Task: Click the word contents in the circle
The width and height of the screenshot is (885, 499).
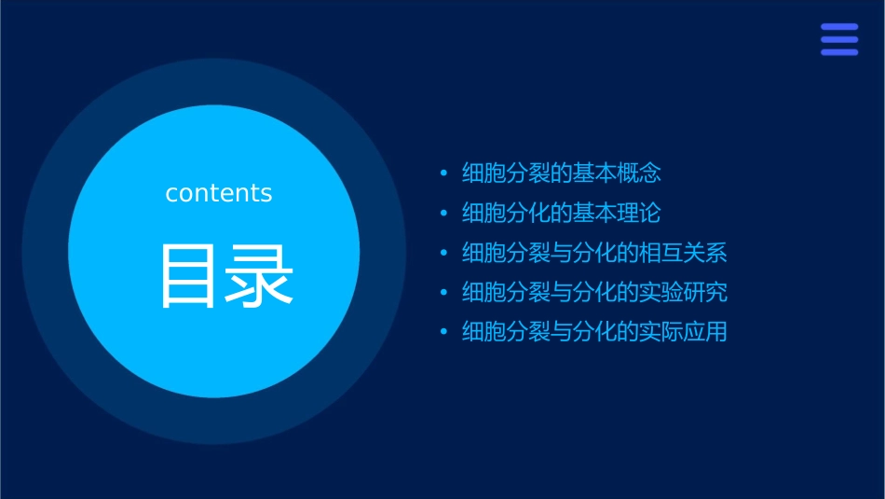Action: tap(219, 193)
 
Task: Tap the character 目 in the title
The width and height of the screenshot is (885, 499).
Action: tap(191, 276)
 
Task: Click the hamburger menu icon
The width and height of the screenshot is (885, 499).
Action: tap(838, 40)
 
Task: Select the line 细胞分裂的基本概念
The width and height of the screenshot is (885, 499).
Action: tap(561, 173)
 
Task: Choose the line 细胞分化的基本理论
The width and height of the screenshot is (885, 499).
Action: tap(561, 213)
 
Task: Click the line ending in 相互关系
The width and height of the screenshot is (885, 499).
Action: tap(594, 253)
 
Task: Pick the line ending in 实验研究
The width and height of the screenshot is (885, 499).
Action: tap(594, 292)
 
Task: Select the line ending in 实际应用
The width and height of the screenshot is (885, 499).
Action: tap(594, 332)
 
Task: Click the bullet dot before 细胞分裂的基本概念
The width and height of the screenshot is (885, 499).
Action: tap(443, 173)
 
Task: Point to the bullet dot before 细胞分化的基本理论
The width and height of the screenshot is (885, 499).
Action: tap(443, 214)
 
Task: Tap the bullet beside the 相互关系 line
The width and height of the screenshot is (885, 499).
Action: tap(443, 254)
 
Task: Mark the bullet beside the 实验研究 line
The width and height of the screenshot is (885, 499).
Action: tap(443, 293)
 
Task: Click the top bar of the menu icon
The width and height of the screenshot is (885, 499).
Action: tap(838, 27)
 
